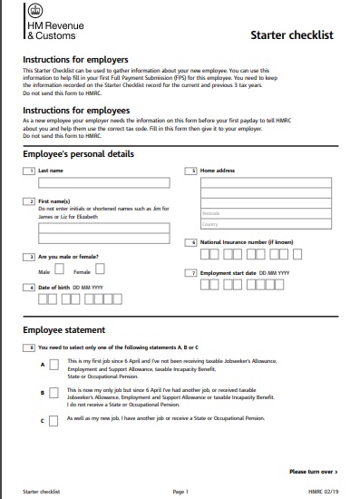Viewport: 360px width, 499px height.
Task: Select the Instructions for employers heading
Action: pyautogui.click(x=77, y=59)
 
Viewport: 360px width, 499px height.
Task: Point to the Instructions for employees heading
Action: pyautogui.click(x=77, y=109)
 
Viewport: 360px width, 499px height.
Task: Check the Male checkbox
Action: pyautogui.click(x=61, y=269)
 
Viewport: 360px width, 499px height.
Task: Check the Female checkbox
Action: pyautogui.click(x=100, y=269)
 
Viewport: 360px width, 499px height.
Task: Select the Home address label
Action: pyautogui.click(x=219, y=171)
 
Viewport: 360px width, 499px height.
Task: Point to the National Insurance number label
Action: pyautogui.click(x=246, y=243)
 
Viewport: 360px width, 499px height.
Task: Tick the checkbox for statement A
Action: pyautogui.click(x=54, y=365)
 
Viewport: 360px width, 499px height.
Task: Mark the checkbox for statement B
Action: pyautogui.click(x=54, y=393)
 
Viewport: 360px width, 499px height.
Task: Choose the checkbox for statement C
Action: pyautogui.click(x=54, y=420)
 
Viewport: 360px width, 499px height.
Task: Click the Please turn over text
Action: pyautogui.click(x=313, y=472)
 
